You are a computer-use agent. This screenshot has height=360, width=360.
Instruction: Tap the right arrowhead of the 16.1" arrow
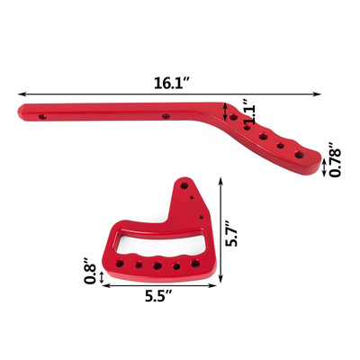320,92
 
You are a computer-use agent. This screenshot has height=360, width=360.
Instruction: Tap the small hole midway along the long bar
165,116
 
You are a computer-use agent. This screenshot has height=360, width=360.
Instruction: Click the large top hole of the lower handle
184,184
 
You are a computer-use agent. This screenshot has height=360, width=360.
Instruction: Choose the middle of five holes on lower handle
158,266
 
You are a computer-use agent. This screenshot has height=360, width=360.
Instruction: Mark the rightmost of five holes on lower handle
192,263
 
